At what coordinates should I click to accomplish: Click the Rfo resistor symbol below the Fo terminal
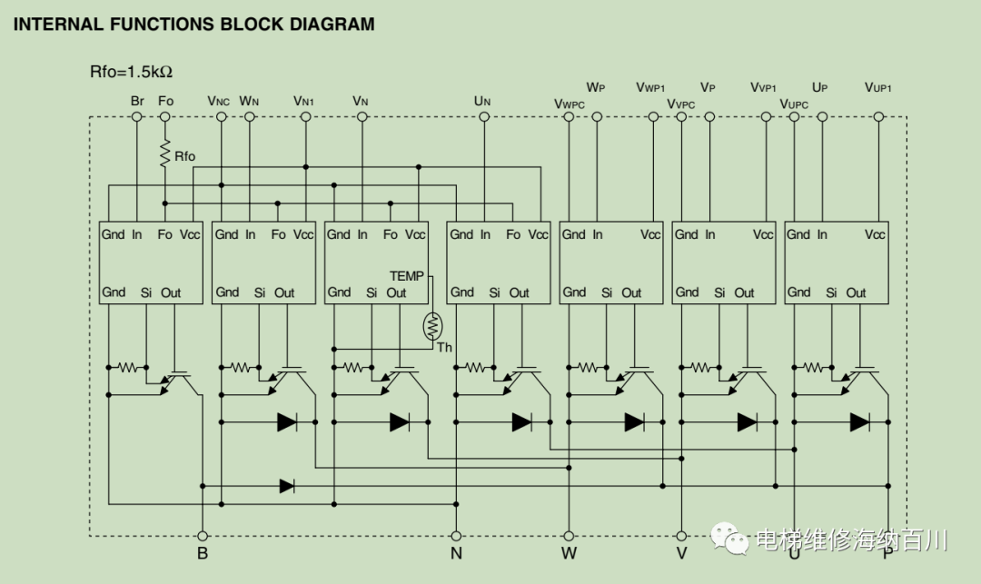click(165, 153)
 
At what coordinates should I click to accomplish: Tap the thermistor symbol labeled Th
click(432, 326)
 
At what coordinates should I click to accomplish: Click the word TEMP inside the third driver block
click(407, 276)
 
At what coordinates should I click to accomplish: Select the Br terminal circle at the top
click(137, 117)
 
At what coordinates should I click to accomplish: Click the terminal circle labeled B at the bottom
click(202, 536)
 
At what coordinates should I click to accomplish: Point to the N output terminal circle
click(456, 536)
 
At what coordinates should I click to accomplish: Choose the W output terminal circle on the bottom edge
click(569, 536)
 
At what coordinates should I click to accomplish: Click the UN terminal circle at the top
click(483, 117)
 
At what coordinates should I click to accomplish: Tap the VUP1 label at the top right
click(877, 87)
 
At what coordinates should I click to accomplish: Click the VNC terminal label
click(218, 101)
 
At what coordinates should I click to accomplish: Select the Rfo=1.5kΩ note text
click(131, 72)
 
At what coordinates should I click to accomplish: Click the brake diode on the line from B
click(287, 486)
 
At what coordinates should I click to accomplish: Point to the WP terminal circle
click(597, 117)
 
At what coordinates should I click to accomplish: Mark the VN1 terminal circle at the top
click(305, 117)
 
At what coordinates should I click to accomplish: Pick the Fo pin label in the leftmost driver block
click(164, 234)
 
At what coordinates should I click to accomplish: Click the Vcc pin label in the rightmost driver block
click(875, 234)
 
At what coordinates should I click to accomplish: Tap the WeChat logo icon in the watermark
click(729, 538)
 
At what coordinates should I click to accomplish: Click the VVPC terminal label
click(680, 104)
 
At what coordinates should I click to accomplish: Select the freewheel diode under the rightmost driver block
click(859, 422)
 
